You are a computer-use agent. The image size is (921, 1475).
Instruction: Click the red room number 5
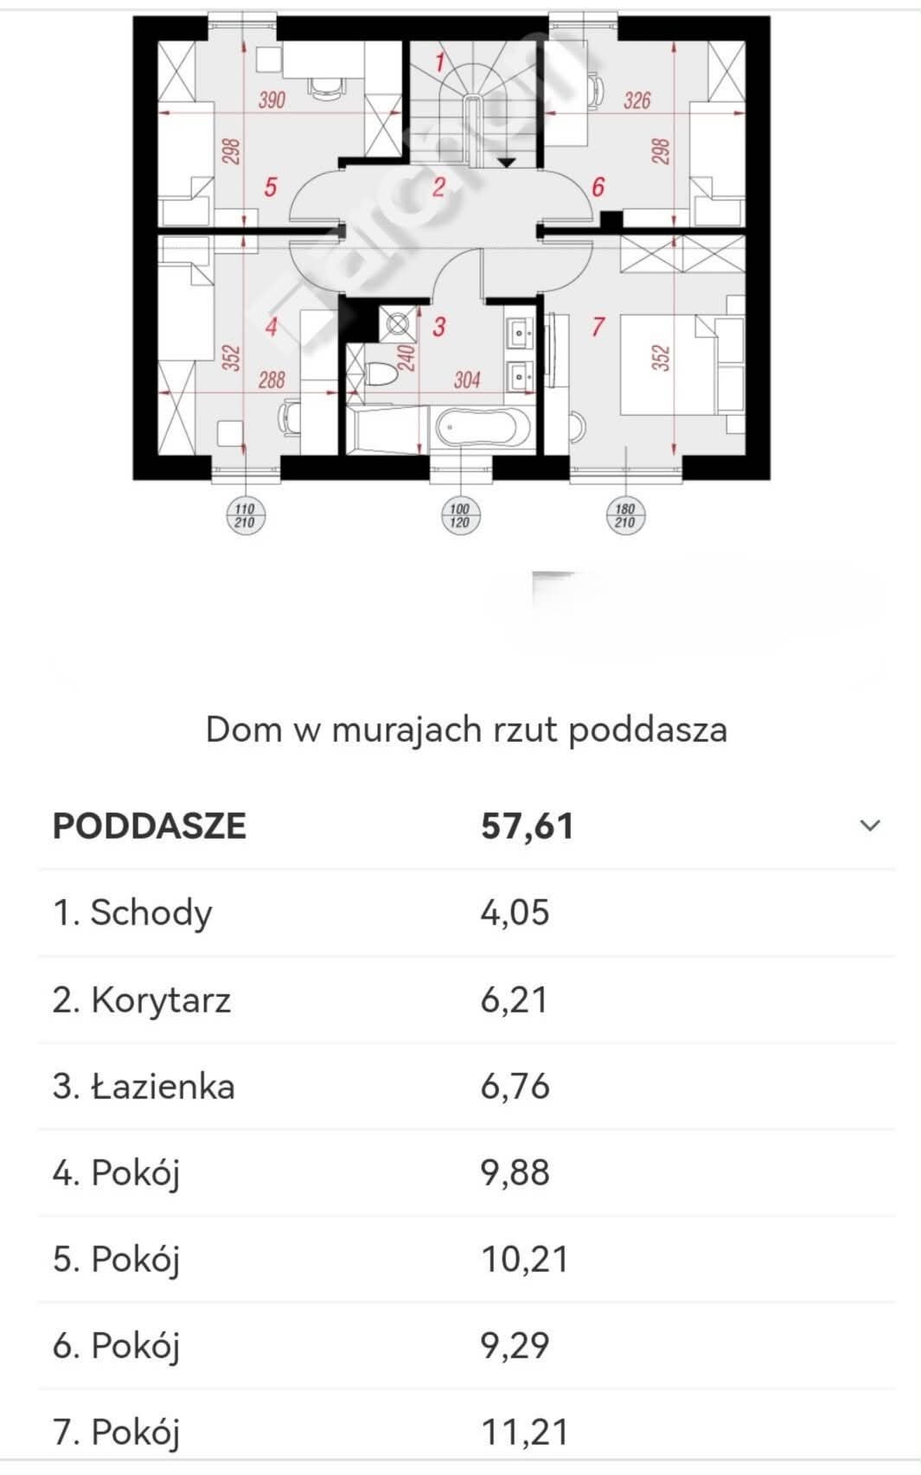coord(270,187)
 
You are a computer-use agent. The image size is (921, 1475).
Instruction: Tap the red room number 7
coord(598,327)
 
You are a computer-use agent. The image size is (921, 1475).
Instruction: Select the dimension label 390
coord(272,100)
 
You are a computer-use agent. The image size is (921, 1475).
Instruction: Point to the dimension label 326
coord(636,100)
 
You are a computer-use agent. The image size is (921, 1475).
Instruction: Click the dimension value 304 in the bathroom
coord(466,380)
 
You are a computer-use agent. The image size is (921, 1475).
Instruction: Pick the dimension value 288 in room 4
coord(272,380)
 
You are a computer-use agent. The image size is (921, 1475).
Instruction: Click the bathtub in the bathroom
coord(483,428)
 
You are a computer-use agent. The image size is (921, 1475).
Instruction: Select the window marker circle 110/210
coord(245,515)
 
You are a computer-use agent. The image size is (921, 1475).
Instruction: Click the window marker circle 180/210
coord(624,515)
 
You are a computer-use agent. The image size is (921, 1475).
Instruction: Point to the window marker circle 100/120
coord(459,515)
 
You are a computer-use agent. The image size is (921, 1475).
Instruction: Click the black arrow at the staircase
coord(506,162)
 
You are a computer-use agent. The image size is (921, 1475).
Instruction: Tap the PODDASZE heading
coord(150,826)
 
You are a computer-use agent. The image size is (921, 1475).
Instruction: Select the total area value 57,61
coord(527,826)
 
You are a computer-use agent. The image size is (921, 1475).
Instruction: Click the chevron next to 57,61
coord(870,826)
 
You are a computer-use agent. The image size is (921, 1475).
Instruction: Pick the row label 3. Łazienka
coord(144,1086)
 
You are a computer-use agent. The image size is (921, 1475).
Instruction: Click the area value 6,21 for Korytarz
coord(514,999)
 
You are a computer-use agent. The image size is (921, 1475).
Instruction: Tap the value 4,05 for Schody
coord(515,913)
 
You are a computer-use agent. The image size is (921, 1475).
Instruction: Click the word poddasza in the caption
coord(648,731)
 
